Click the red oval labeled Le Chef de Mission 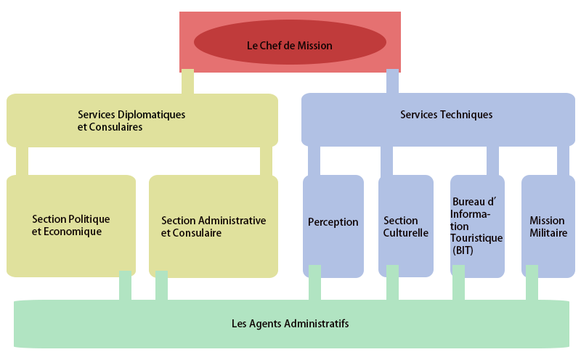289,45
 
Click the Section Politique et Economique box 71,225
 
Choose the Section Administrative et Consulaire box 213,226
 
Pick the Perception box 333,222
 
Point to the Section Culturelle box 405,226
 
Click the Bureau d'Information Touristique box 476,225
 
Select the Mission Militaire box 547,226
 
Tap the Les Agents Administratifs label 290,323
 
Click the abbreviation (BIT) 462,250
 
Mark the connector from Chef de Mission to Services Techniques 392,80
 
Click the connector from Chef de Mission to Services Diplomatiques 187,80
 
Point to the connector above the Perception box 314,160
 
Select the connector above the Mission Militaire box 563,160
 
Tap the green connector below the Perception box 314,282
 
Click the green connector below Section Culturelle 392,282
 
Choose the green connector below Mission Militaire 532,282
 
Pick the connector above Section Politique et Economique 22,160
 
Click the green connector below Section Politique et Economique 125,285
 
